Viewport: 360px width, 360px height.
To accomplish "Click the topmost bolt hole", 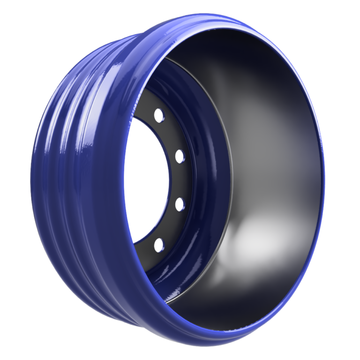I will coord(158,114).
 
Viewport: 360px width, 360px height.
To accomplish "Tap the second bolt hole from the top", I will coord(178,155).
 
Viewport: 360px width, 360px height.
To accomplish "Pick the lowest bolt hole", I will coord(158,244).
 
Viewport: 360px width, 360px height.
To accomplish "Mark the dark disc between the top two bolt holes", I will coord(170,134).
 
